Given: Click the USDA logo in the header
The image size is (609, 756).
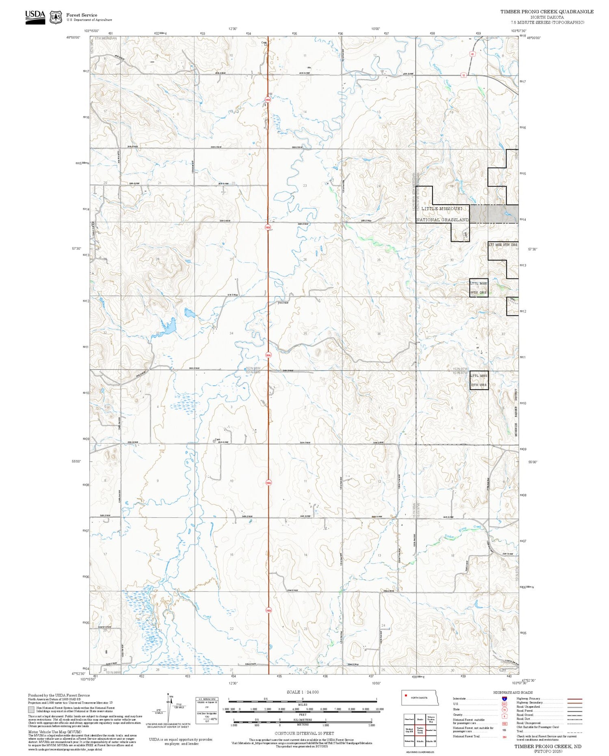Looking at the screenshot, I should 35,17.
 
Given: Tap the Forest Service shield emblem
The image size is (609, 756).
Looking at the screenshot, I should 56,17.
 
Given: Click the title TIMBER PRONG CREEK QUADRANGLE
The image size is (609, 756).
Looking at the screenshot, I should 546,11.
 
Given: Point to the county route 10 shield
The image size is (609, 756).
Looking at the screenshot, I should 463,75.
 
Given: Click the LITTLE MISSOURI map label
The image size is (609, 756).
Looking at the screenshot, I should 441,208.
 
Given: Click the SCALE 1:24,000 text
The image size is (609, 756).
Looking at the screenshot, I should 302,692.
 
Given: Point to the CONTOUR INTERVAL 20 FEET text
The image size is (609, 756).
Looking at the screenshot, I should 304,733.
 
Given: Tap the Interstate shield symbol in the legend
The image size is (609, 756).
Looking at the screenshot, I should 504,699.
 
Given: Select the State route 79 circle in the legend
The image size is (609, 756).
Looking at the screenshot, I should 504,710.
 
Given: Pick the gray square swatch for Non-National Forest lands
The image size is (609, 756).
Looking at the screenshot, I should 31,709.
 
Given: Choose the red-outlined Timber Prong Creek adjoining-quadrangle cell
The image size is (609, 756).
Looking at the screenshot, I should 420,730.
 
